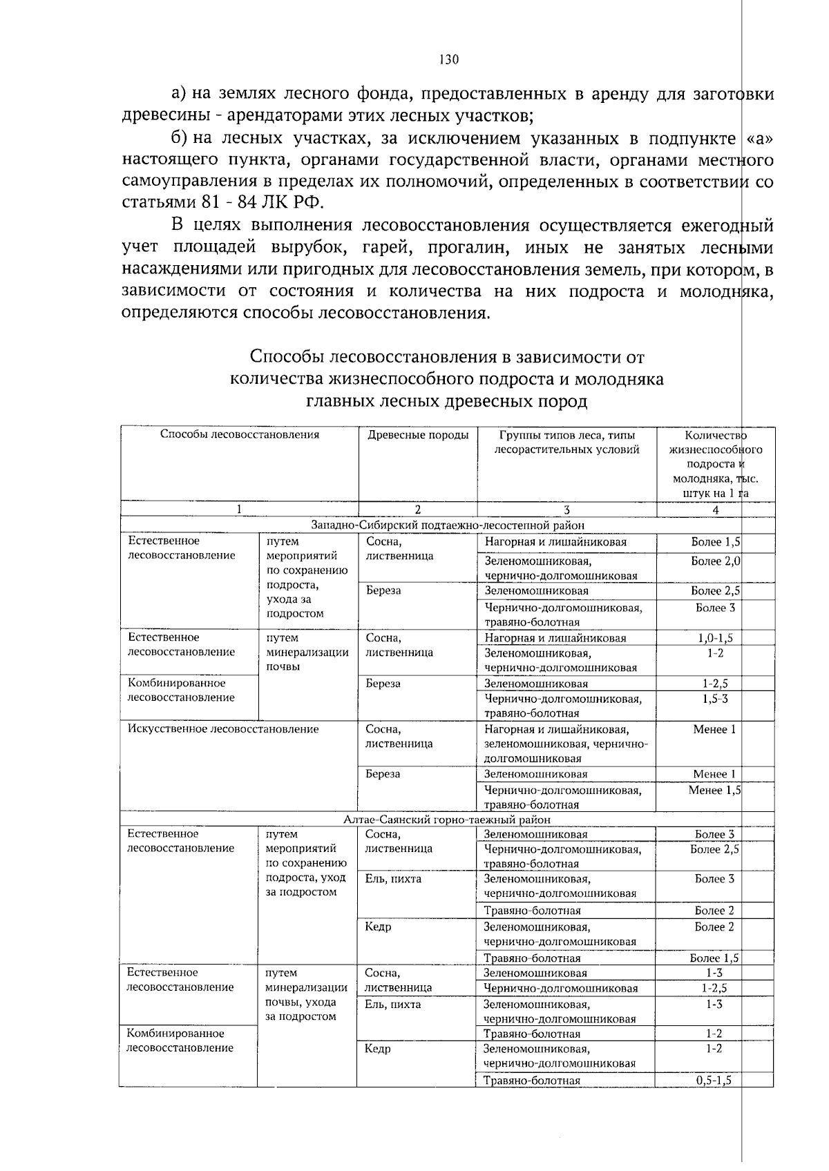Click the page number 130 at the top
(x=448, y=59)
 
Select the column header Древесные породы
(x=418, y=435)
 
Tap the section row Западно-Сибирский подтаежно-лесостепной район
(x=448, y=525)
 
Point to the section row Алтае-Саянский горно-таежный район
(x=447, y=820)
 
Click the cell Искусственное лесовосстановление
(x=223, y=729)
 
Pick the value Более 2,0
(x=716, y=561)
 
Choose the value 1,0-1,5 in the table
(x=715, y=638)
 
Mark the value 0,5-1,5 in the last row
(x=714, y=1081)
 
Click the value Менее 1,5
(x=714, y=790)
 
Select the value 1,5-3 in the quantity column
(x=715, y=699)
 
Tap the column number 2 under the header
(x=417, y=510)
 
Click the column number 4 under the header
(x=715, y=510)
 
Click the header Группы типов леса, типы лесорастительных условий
(x=566, y=442)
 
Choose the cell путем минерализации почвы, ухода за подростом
(x=306, y=994)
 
